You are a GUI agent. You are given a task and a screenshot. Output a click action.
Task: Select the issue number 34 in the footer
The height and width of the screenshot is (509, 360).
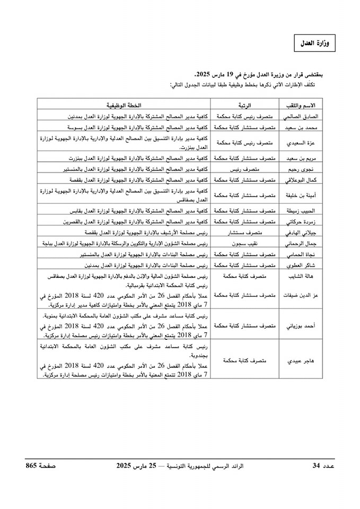[316, 466]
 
